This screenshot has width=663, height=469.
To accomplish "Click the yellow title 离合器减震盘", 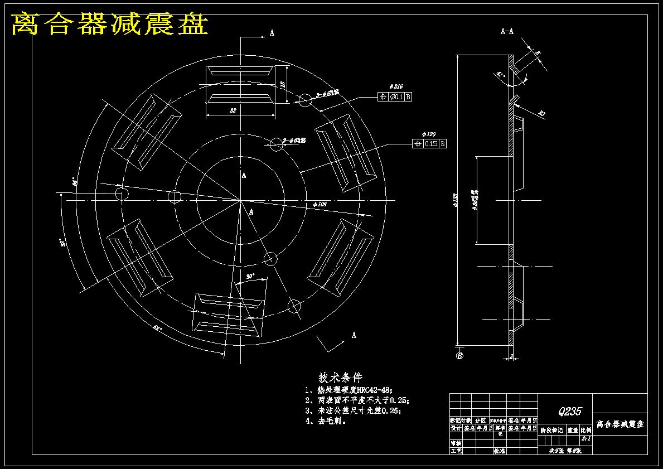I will [110, 24].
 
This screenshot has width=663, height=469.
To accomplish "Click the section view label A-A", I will [507, 32].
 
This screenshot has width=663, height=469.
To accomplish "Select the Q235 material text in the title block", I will [569, 412].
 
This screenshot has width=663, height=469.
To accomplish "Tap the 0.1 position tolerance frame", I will [395, 97].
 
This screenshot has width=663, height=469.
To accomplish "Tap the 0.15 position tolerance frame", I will [429, 144].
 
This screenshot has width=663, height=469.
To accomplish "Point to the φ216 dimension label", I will [397, 87].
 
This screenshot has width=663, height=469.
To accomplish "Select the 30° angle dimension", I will [250, 276].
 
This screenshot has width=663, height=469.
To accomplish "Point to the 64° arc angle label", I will [158, 328].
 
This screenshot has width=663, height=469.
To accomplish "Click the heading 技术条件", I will [340, 378].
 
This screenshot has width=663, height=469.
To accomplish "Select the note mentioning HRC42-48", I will [349, 390].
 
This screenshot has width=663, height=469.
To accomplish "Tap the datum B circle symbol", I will [460, 356].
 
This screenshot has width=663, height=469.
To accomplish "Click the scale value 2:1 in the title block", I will [585, 439].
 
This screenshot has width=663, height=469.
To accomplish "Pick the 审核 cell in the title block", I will [456, 443].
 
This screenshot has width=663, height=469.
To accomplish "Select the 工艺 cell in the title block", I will [456, 451].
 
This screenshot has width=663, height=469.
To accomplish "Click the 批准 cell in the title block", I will [499, 451].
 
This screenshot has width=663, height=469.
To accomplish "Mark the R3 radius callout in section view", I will [541, 114].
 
